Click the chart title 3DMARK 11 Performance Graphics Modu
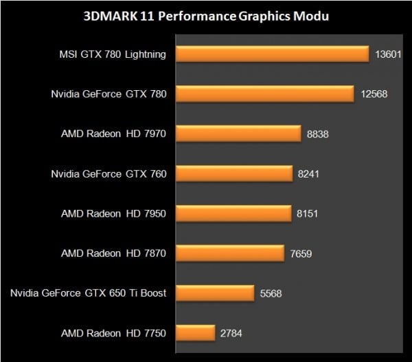pyautogui.click(x=205, y=16)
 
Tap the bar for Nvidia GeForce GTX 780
pyautogui.click(x=265, y=94)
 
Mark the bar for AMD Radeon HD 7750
pyautogui.click(x=196, y=333)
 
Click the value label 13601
pyautogui.click(x=389, y=54)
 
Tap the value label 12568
pyautogui.click(x=374, y=94)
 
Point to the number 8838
pyautogui.click(x=318, y=134)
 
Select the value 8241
pyautogui.click(x=309, y=174)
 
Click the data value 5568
pyautogui.click(x=270, y=294)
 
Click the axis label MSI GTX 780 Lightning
pyautogui.click(x=113, y=54)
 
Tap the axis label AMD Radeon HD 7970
pyautogui.click(x=113, y=134)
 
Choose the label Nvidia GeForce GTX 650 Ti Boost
pyautogui.click(x=89, y=294)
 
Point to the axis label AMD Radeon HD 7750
pyautogui.click(x=113, y=334)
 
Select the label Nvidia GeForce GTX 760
pyautogui.click(x=108, y=174)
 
